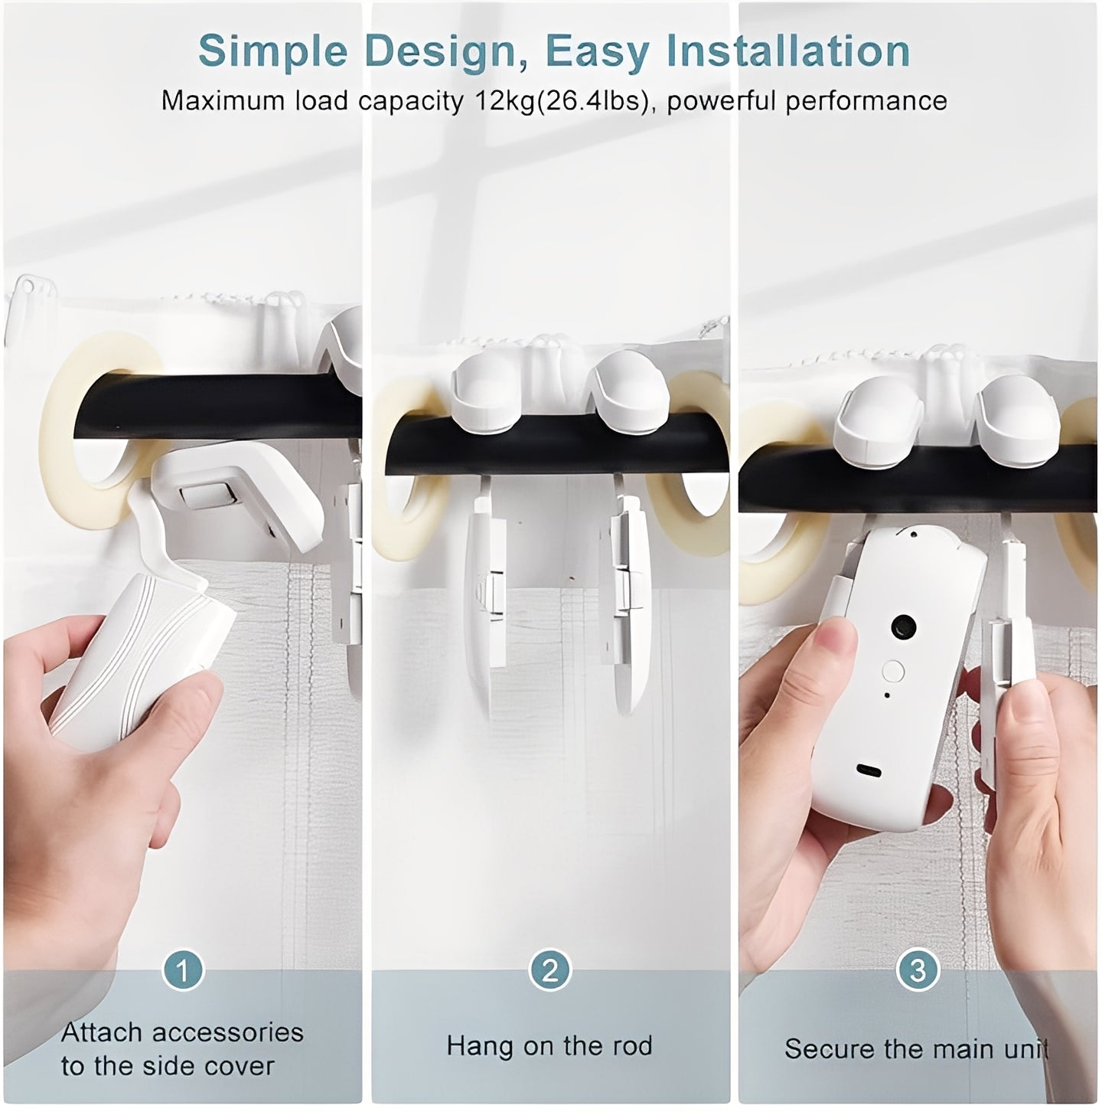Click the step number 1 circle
pyautogui.click(x=182, y=970)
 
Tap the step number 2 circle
pyautogui.click(x=550, y=970)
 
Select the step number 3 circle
pyautogui.click(x=918, y=970)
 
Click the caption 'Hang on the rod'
pyautogui.click(x=549, y=1045)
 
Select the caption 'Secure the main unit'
pyautogui.click(x=915, y=1048)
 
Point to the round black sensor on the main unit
pyautogui.click(x=901, y=628)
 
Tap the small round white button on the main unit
pyautogui.click(x=893, y=671)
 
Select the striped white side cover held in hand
pyautogui.click(x=138, y=659)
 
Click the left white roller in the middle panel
pyautogui.click(x=485, y=381)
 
